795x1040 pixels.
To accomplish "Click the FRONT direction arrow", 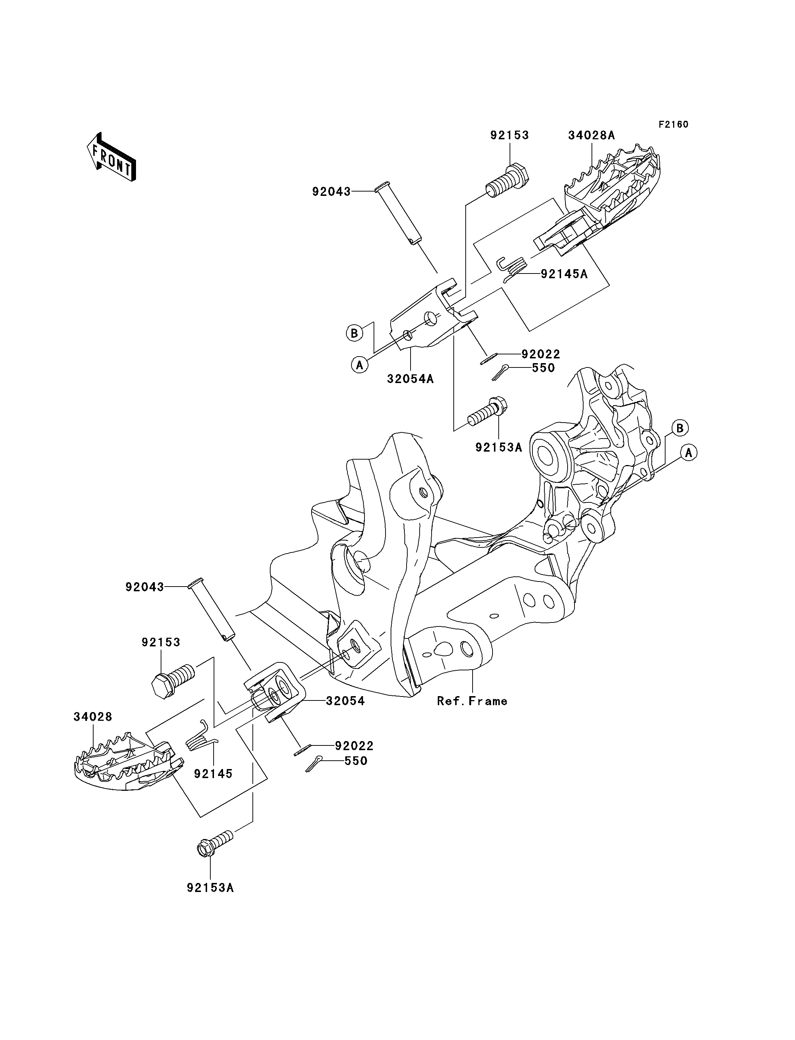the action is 112,157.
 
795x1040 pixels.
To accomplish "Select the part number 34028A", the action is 591,135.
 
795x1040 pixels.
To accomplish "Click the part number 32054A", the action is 410,379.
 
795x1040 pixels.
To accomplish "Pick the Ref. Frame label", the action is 472,701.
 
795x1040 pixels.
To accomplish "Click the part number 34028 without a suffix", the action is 93,717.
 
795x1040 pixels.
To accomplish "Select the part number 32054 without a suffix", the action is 345,701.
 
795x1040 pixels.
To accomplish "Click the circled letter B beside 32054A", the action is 354,333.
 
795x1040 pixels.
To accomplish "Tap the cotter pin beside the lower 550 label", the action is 314,763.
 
